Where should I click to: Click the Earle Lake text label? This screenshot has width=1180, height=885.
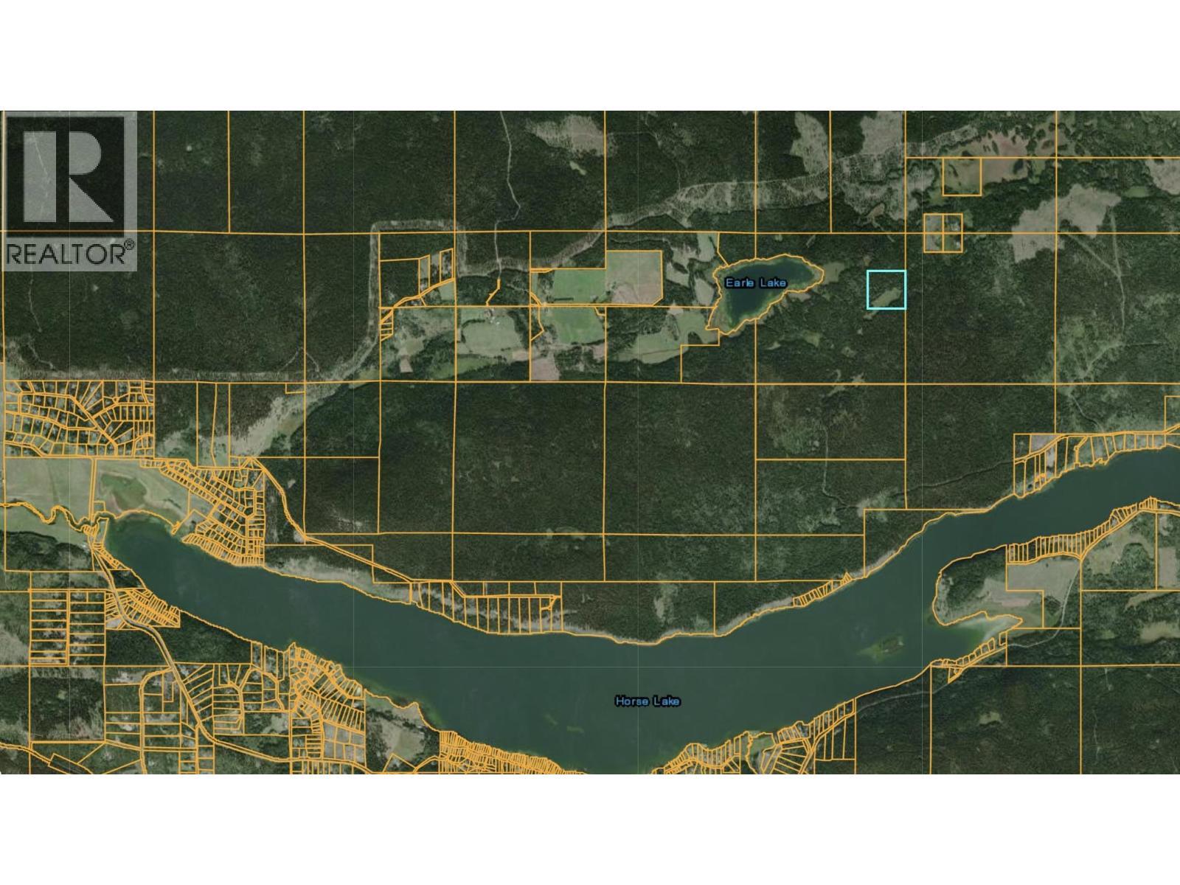click(x=755, y=282)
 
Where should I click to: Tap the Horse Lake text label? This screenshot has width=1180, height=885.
click(x=647, y=701)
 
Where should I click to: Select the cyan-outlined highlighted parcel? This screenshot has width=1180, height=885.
click(x=886, y=289)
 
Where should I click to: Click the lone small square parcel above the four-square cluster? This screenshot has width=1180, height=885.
click(x=962, y=176)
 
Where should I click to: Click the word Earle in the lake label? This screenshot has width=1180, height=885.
click(x=740, y=282)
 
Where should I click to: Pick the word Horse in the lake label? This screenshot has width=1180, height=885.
click(x=631, y=701)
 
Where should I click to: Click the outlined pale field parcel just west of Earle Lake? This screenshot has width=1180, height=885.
click(x=633, y=277)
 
